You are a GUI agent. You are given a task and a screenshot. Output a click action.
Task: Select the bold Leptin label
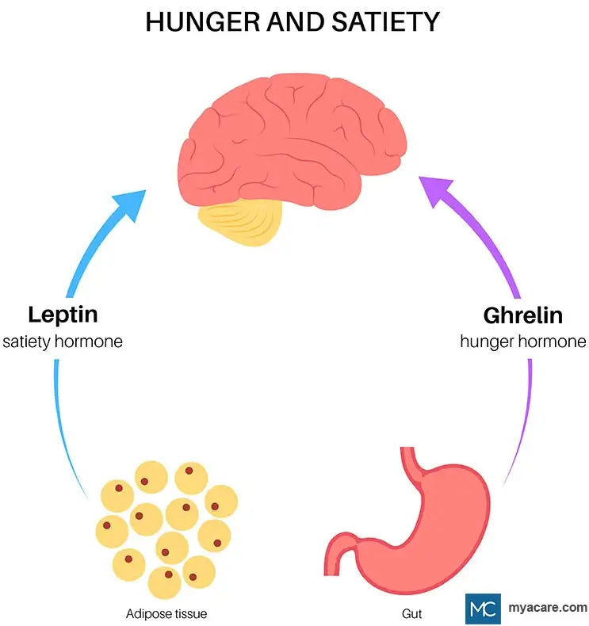click(x=63, y=315)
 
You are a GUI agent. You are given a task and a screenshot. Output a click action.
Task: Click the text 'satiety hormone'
click(x=63, y=342)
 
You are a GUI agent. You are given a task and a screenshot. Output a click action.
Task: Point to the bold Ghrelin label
click(x=522, y=315)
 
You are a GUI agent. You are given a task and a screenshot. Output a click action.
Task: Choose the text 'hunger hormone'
click(x=523, y=342)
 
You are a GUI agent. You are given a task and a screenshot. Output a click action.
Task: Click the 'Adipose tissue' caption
click(x=166, y=613)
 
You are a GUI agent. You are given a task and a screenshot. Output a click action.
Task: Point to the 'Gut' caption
click(x=412, y=613)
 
